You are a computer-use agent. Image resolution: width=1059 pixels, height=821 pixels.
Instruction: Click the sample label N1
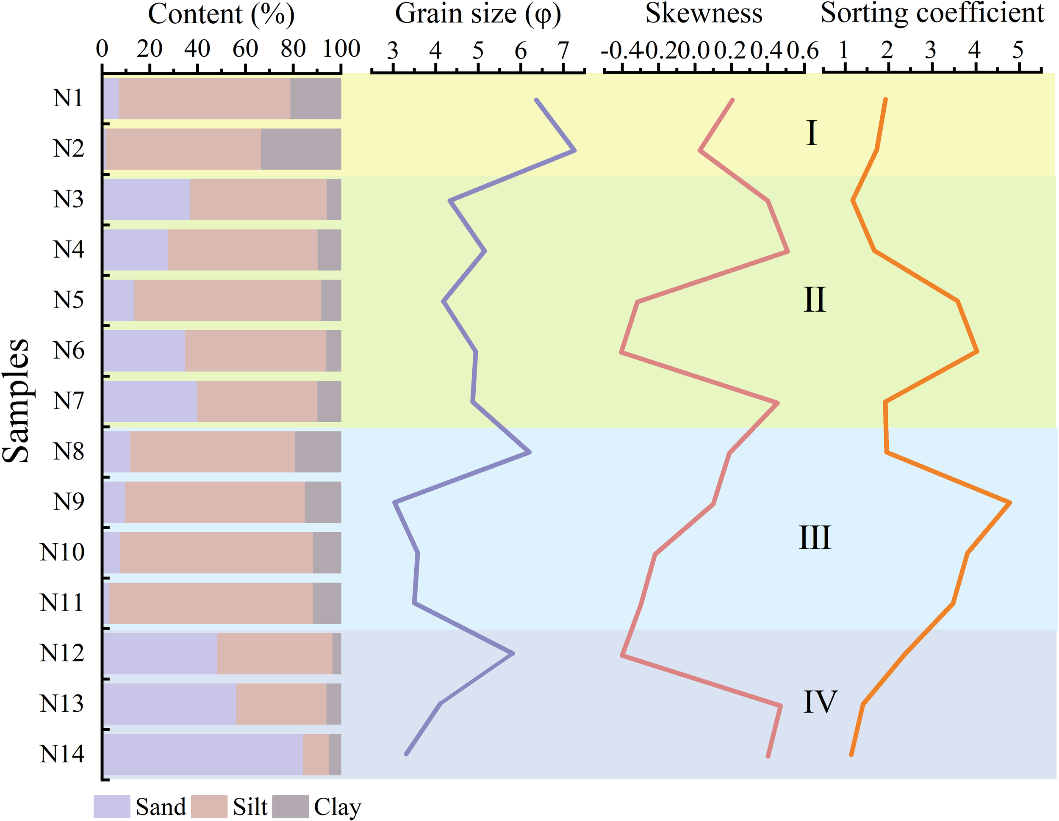[x=68, y=98]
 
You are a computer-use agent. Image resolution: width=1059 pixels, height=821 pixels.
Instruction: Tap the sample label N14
[x=62, y=754]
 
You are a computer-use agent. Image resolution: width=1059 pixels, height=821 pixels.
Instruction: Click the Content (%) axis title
[x=221, y=14]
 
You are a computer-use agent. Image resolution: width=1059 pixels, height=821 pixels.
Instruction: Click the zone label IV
[x=820, y=702]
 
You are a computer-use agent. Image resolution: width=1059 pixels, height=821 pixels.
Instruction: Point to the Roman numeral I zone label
[x=811, y=133]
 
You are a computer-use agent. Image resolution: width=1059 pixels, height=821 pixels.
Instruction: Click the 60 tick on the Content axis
[x=245, y=49]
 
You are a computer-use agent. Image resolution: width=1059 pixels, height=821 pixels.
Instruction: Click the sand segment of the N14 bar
[x=204, y=754]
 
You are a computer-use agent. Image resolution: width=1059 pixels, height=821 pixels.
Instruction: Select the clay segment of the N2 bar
[x=301, y=149]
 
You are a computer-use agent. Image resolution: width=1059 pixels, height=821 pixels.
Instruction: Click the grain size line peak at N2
[x=574, y=151]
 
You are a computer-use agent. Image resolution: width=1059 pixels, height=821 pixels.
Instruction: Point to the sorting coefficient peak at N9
[x=1010, y=503]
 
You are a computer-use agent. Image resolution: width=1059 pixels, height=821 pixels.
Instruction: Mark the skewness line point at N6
[x=621, y=352]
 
